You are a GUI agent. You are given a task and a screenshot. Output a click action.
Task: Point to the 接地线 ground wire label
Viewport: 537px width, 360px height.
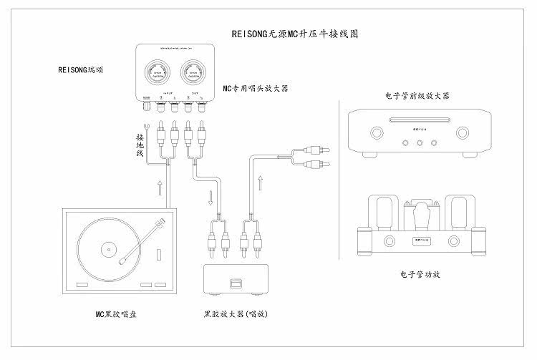pyautogui.click(x=140, y=145)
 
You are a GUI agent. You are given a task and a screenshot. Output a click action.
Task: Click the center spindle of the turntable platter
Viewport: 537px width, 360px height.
pyautogui.click(x=108, y=250)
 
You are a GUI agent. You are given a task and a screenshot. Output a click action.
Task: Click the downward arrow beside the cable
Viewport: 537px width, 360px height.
pyautogui.click(x=211, y=196)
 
